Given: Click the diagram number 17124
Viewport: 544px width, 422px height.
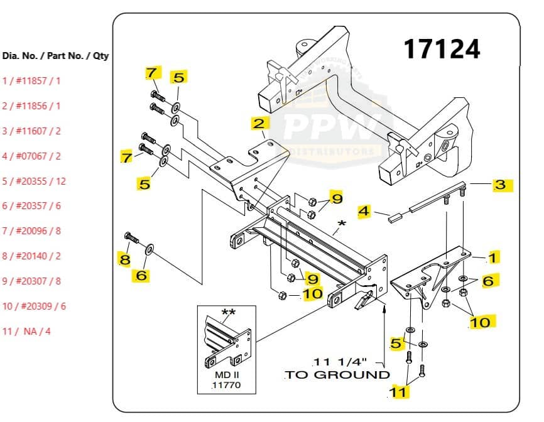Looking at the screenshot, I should click(441, 49).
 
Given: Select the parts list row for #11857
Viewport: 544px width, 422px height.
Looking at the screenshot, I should click(31, 81).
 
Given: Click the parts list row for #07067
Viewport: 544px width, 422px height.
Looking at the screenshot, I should click(31, 156).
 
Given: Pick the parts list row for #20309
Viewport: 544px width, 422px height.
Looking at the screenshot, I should click(34, 306).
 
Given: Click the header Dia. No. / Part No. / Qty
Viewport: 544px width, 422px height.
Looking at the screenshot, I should click(55, 56).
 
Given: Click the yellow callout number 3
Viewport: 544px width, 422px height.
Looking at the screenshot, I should click(500, 185).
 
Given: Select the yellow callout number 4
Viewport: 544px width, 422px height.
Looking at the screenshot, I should click(364, 211).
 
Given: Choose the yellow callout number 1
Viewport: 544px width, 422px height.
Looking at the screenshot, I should click(494, 257).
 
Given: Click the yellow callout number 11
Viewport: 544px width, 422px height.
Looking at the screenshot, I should click(400, 392).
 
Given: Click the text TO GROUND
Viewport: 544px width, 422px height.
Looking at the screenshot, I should click(338, 375).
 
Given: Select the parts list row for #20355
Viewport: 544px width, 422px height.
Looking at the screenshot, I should click(34, 181).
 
